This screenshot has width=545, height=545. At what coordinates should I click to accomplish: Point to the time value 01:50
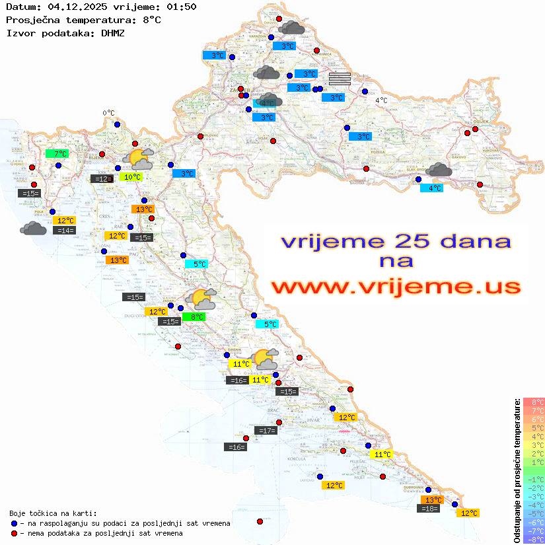click(x=182, y=7)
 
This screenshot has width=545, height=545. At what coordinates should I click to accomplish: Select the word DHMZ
click(x=116, y=32)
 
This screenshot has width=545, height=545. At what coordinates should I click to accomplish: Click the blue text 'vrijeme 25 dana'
click(x=396, y=241)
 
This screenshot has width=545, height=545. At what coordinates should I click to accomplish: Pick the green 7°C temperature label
click(x=57, y=154)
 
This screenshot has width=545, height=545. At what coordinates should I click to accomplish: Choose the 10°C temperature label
click(x=131, y=177)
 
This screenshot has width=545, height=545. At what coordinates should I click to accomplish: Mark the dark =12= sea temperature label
click(x=101, y=178)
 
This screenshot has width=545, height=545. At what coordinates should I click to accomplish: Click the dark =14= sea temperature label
click(x=65, y=231)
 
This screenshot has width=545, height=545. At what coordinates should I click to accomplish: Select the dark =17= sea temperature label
click(x=266, y=431)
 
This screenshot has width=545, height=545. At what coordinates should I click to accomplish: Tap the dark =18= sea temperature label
click(x=429, y=508)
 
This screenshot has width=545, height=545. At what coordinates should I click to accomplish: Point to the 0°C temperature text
click(x=108, y=113)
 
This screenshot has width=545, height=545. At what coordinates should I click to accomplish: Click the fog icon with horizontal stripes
click(x=339, y=79)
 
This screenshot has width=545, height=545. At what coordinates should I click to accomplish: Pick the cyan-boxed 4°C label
click(x=432, y=188)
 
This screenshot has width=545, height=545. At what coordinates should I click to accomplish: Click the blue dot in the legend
click(x=14, y=523)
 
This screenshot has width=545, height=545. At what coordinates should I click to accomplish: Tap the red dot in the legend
click(x=14, y=533)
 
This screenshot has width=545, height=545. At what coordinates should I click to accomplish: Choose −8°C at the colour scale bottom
click(x=533, y=539)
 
